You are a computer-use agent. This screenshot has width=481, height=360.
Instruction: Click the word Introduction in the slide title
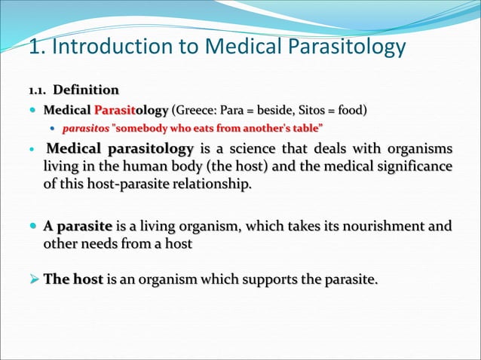point(112,47)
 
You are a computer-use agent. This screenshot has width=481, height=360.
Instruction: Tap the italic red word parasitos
point(84,127)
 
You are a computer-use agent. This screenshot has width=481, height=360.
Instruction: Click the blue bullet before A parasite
point(32,226)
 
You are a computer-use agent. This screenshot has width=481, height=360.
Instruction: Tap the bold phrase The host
point(72,279)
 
